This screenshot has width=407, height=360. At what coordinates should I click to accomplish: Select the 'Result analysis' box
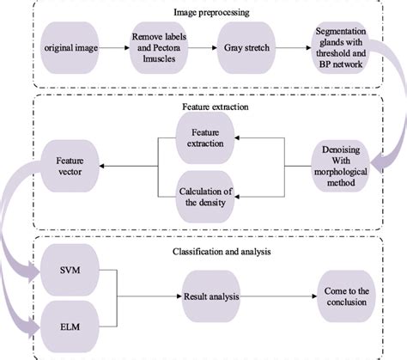click(210, 296)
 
